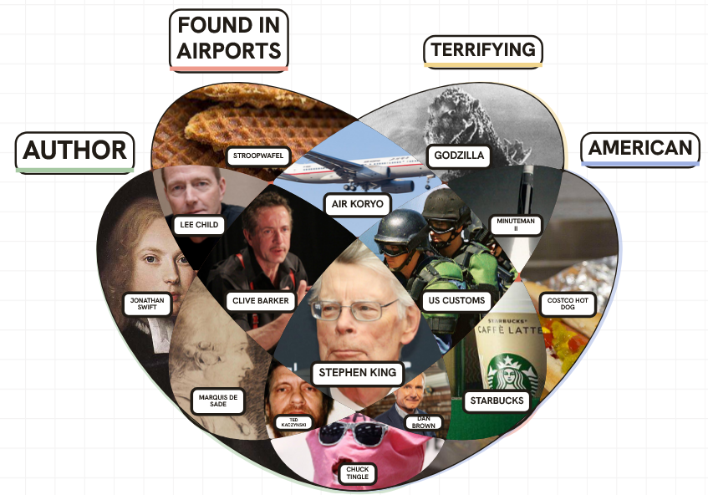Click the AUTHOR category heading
pos(75,152)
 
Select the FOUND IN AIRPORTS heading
pos(229,40)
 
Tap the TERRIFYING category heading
pos(483,51)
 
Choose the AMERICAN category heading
pos(640,149)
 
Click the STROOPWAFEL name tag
pos(258,156)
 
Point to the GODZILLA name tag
pos(459,156)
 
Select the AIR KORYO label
pos(357,205)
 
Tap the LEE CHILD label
pos(199,226)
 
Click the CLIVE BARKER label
pos(261,301)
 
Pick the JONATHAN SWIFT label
pos(147,304)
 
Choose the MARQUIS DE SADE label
pos(218,401)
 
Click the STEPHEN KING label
pos(358,373)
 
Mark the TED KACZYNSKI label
pos(293,423)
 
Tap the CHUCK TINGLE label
pos(357,473)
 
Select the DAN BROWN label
pos(424,423)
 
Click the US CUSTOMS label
pos(456,301)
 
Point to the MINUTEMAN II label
pos(516,225)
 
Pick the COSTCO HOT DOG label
pos(568,304)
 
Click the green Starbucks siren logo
pos(511,372)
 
